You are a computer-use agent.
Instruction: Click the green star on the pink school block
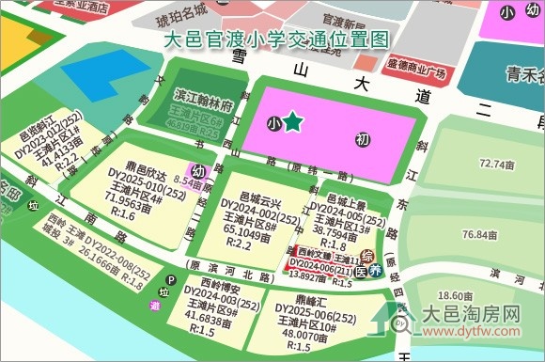point(293,121)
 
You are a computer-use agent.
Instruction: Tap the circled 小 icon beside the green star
point(272,122)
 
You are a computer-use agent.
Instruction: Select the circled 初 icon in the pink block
point(362,140)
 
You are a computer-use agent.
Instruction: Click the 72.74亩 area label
point(493,165)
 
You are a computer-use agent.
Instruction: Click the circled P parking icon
point(171,279)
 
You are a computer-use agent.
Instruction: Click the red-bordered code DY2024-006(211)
point(326,266)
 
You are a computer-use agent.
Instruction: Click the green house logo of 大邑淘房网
point(402,321)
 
